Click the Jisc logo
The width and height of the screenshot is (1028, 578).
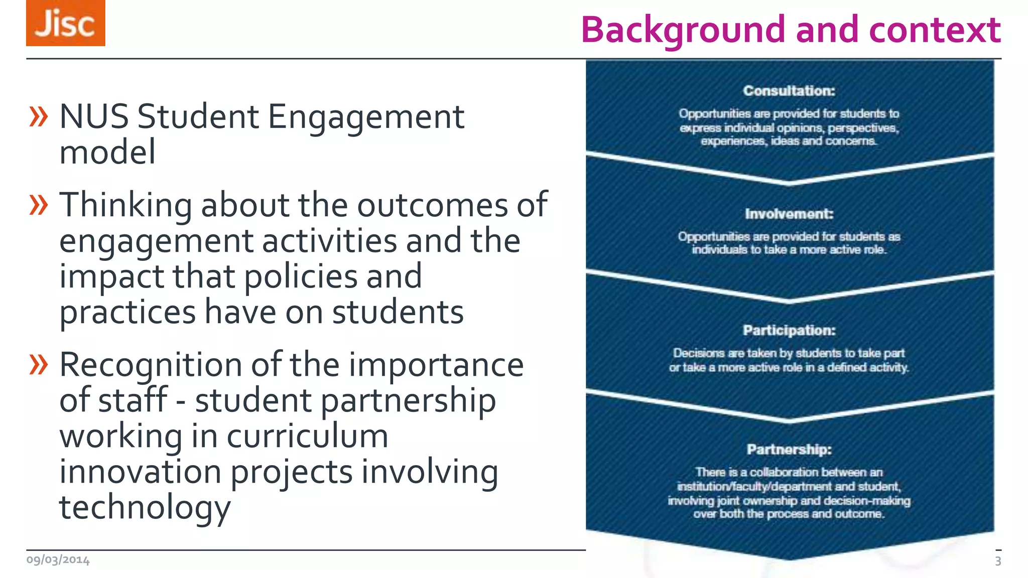coord(66,23)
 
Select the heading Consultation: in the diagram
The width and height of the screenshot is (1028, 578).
coord(789,91)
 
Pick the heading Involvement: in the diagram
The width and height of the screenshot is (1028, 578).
coord(789,214)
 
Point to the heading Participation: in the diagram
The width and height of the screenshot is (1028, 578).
coord(789,331)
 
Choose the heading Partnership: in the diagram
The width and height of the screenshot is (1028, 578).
coord(789,450)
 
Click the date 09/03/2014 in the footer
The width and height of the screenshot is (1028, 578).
coord(58,560)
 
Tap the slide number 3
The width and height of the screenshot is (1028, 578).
coord(998,561)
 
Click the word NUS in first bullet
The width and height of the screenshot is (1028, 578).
coord(94,117)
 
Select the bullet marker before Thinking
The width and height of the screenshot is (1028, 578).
coord(39,205)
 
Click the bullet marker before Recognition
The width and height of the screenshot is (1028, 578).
coord(39,364)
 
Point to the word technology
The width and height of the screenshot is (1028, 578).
coord(145,508)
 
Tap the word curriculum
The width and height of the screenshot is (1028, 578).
coord(307,437)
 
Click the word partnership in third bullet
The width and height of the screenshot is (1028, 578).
coord(408,401)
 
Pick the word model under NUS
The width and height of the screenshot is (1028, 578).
coord(107,153)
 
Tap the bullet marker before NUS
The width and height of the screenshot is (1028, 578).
coord(39,116)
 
